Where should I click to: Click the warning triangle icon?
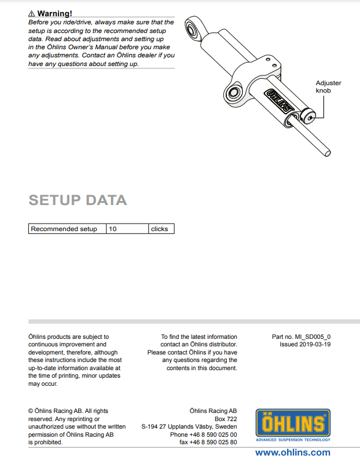click(31, 14)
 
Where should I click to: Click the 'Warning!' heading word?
click(55, 13)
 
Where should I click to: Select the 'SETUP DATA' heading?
click(78, 200)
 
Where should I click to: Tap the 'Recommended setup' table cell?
click(67, 229)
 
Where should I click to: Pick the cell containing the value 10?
click(127, 229)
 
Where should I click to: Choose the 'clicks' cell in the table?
click(161, 229)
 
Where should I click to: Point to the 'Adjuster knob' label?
click(328, 86)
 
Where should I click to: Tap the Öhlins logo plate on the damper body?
click(278, 101)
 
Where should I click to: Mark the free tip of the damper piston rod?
click(328, 153)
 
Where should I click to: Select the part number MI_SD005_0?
click(313, 337)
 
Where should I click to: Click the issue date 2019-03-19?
click(315, 344)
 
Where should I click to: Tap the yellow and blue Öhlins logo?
click(293, 425)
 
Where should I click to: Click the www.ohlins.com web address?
click(293, 452)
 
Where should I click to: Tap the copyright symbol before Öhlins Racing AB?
click(31, 411)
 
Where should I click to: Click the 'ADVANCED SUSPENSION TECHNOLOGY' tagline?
click(293, 440)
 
